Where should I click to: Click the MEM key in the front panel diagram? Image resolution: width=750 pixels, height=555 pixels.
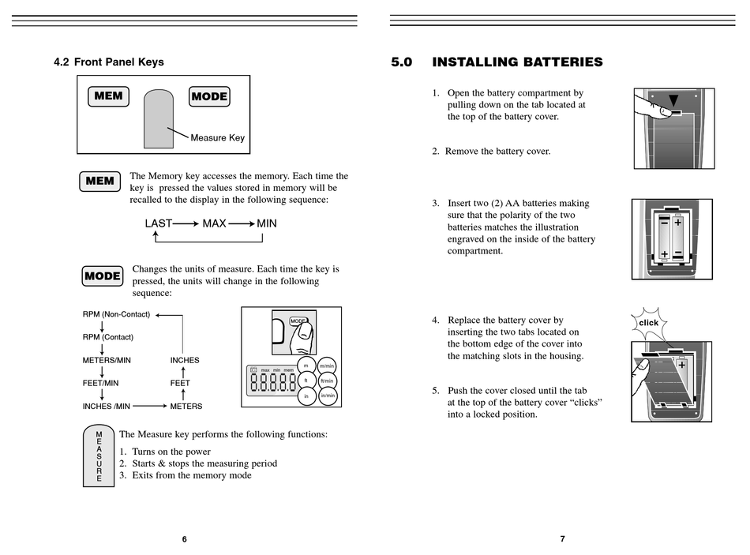point(108,96)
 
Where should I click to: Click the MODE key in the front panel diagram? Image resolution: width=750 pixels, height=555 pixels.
point(209,96)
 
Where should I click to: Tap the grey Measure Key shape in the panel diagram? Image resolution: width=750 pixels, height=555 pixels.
point(159,118)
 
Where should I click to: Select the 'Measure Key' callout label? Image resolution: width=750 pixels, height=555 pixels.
point(217,138)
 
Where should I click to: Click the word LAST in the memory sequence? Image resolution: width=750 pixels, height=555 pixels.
point(158,223)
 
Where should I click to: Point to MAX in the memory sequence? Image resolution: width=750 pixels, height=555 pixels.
point(214,223)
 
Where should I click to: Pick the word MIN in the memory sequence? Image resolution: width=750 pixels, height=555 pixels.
point(267,223)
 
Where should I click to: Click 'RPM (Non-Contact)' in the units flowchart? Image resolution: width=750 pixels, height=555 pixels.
point(116,314)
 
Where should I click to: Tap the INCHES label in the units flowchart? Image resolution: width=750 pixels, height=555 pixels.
point(185,360)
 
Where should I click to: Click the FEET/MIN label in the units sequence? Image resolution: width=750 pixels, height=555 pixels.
point(100,383)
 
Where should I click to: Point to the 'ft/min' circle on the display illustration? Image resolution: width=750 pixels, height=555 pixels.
point(327,381)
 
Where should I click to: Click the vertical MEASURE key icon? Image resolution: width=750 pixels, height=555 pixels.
point(99,456)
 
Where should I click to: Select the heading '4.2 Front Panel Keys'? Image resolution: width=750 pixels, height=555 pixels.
point(109,62)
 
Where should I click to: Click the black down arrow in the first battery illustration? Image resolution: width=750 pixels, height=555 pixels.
point(673,100)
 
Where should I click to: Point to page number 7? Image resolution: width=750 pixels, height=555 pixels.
point(562,539)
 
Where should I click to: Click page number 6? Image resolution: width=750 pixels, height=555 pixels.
point(184,539)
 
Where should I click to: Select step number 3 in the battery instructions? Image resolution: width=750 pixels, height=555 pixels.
point(435,203)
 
